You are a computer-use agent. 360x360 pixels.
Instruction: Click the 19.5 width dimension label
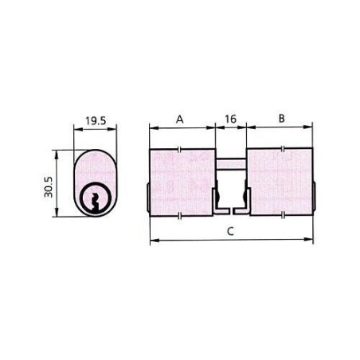(x=96, y=121)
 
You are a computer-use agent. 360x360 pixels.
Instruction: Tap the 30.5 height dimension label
(x=49, y=187)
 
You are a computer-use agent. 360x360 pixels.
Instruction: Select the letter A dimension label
(x=180, y=119)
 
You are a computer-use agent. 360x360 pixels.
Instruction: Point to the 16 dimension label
(x=230, y=119)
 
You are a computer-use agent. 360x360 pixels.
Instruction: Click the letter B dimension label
(x=282, y=119)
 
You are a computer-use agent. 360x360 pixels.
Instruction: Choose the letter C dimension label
(x=230, y=231)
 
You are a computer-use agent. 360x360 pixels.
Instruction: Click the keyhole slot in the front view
(x=95, y=202)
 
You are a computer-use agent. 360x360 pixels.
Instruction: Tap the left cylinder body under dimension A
(x=182, y=182)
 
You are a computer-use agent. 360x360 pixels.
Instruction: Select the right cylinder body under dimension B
(x=280, y=182)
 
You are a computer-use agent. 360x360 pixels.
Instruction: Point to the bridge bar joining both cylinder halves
(x=231, y=163)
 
